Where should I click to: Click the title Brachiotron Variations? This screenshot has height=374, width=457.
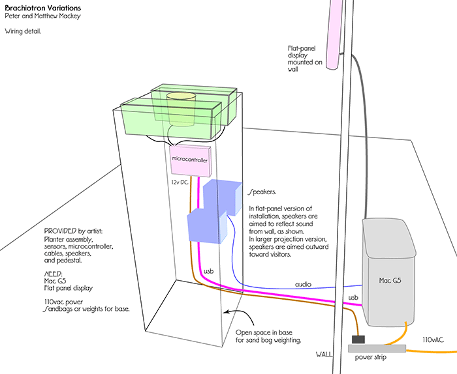point(40,7)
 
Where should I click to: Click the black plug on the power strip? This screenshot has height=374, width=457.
point(359,339)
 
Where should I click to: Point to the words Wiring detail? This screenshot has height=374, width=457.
point(24,31)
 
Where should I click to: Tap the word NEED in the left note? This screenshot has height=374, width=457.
point(54,274)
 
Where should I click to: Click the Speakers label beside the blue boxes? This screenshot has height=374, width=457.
point(262,192)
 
